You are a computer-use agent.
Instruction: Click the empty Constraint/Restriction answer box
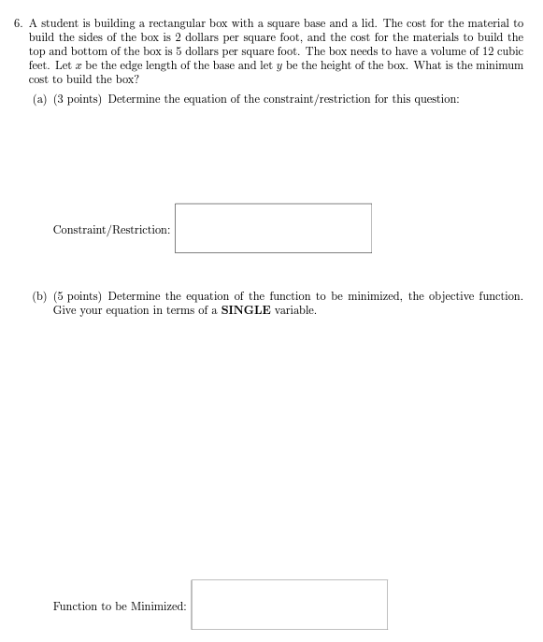pos(272,228)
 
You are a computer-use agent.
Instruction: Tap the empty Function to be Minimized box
pos(289,605)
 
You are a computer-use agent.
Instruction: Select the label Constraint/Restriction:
pos(111,229)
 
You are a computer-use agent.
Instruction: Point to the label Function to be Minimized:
pos(120,606)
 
